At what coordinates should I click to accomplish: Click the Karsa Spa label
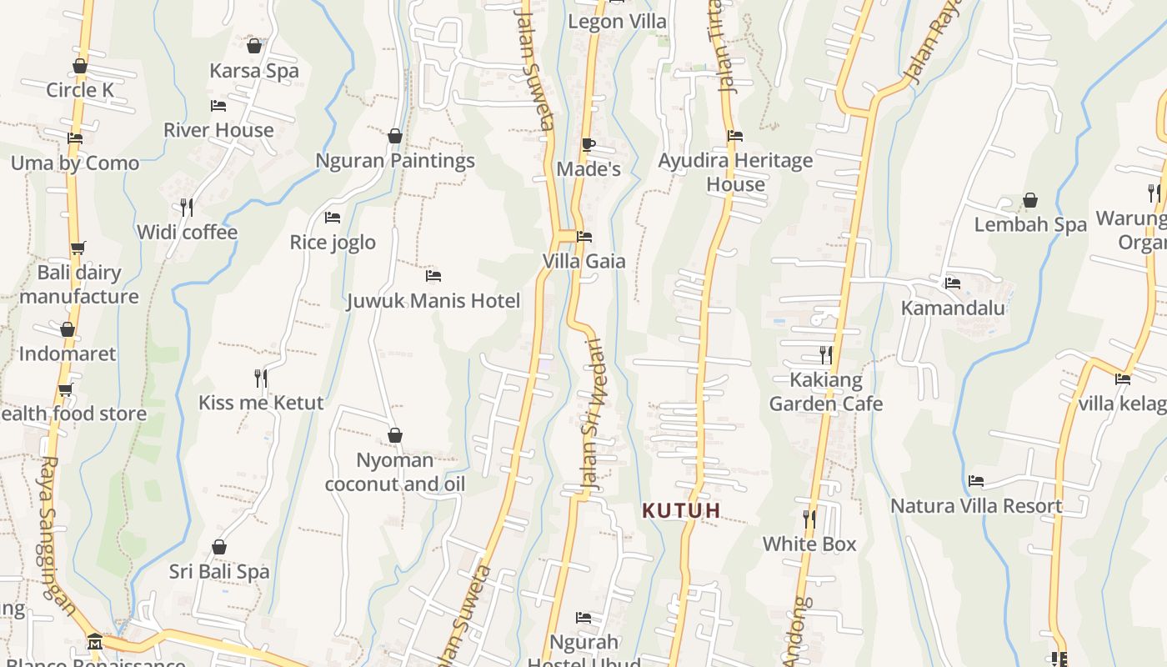(253, 71)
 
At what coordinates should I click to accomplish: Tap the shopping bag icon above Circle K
(80, 66)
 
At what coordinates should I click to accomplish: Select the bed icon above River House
(218, 106)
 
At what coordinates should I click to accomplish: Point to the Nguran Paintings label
(395, 161)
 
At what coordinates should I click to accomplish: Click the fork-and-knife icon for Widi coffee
(187, 207)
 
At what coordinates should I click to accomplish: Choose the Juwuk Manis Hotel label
(433, 301)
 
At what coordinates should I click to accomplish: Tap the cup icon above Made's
(589, 144)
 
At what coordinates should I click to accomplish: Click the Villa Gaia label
(583, 261)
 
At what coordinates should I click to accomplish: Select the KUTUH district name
(681, 510)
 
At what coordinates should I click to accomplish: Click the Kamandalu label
(953, 308)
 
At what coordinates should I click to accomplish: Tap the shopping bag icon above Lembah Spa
(1030, 200)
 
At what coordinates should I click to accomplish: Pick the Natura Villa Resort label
(976, 506)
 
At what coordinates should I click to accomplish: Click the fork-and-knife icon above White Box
(809, 519)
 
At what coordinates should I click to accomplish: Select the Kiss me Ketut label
(261, 403)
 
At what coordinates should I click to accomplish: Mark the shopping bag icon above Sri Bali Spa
(219, 547)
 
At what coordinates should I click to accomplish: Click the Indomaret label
(68, 354)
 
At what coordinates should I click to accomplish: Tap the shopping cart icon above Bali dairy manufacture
(78, 248)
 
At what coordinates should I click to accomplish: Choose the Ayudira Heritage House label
(735, 173)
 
